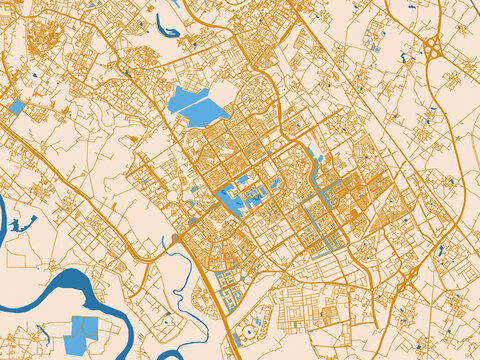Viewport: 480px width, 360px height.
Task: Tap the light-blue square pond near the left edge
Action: coord(17,106)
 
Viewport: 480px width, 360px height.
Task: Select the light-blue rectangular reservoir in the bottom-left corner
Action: coord(79,335)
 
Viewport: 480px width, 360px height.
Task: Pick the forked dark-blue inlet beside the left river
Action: coord(20,224)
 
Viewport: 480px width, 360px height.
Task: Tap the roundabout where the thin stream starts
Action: coord(177,238)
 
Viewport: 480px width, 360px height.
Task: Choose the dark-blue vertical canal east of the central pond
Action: coord(320,180)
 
